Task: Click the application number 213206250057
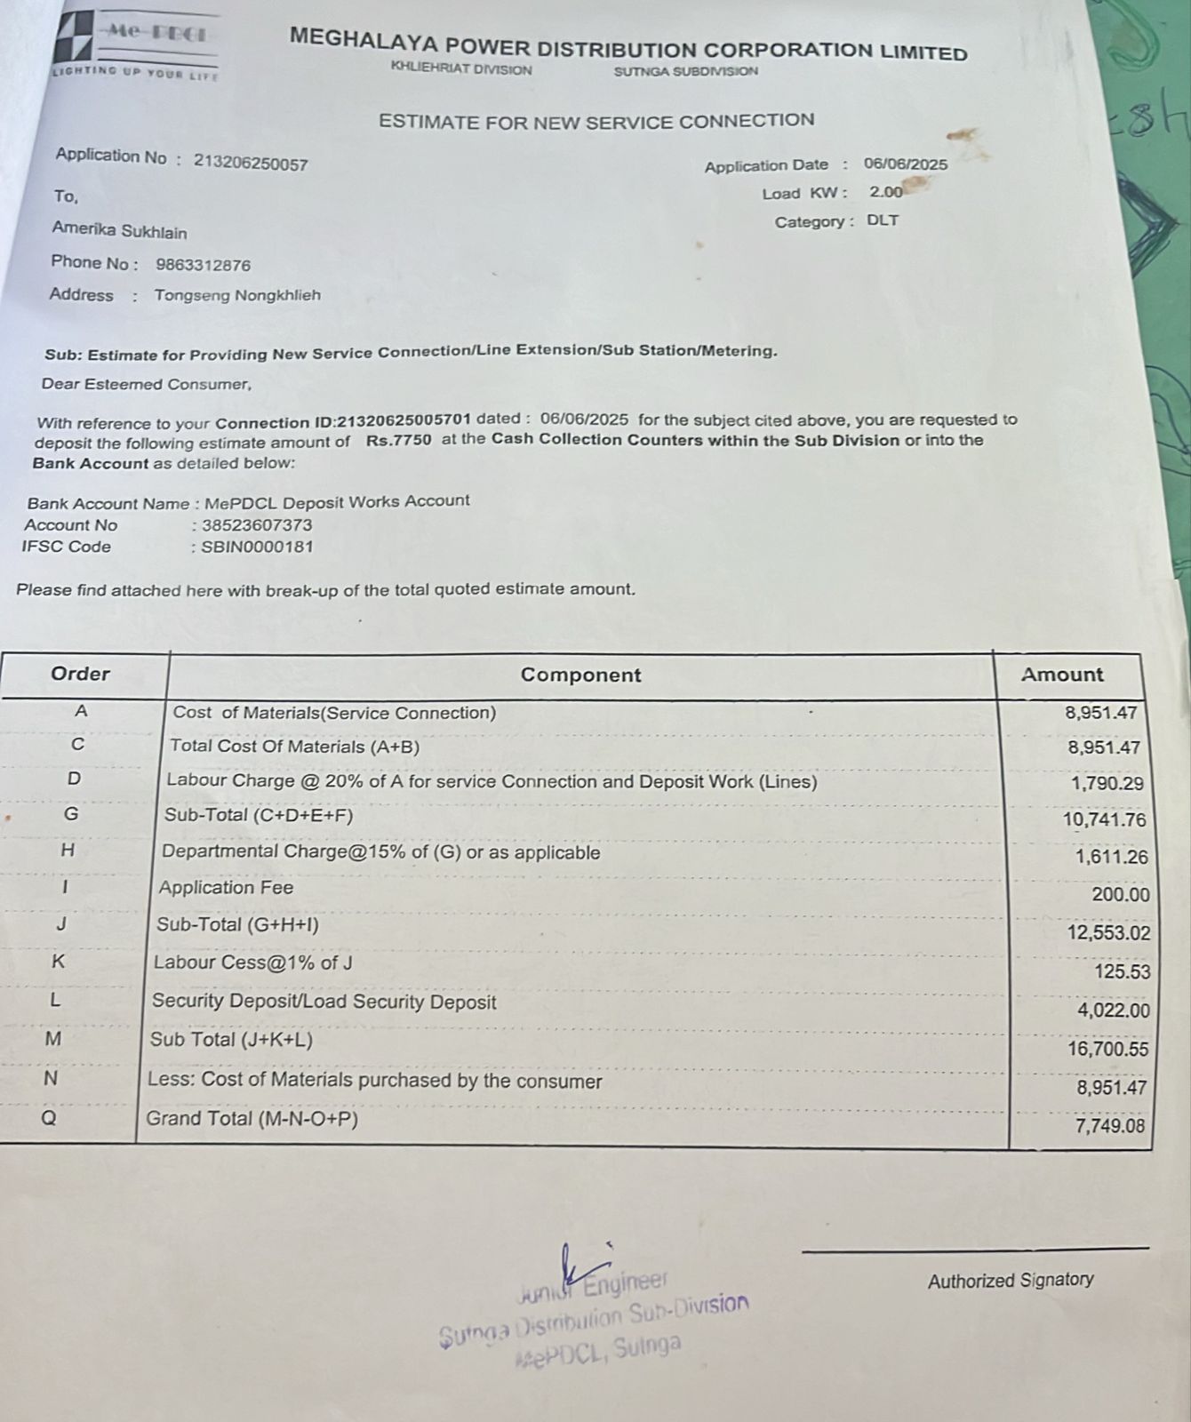point(251,163)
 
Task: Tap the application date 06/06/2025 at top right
point(905,164)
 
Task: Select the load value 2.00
point(885,192)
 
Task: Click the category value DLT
point(883,220)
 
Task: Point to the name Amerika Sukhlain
point(119,231)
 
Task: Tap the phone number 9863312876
point(203,265)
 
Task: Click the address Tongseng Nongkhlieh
point(237,295)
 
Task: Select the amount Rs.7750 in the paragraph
point(398,440)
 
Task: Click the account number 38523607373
point(257,525)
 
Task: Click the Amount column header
point(1062,675)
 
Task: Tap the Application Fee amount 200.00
point(1120,895)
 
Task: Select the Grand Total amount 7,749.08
point(1111,1126)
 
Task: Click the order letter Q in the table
point(50,1119)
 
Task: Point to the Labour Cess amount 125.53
point(1122,971)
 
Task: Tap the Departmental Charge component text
point(380,852)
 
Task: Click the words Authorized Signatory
point(1011,1281)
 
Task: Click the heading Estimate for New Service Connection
point(596,121)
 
